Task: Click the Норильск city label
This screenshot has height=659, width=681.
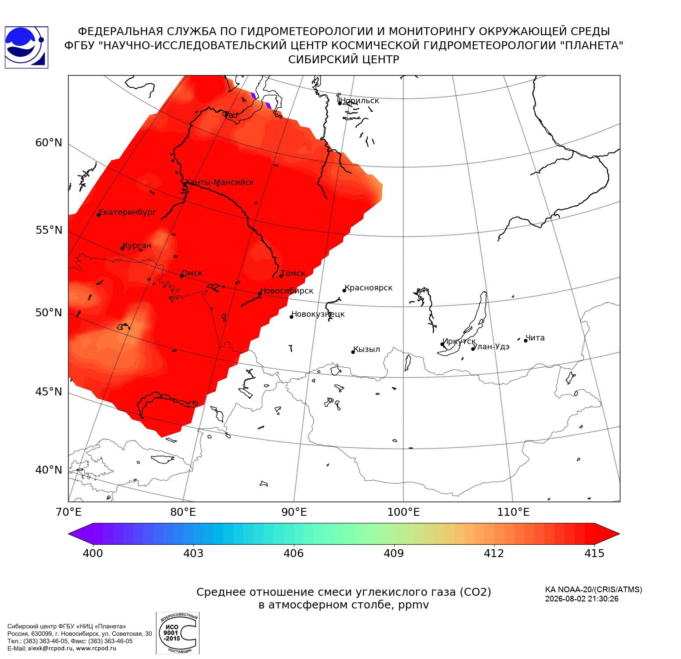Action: [x=360, y=101]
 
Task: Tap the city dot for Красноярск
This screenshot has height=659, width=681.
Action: [x=344, y=290]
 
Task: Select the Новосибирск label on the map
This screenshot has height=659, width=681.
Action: [x=287, y=291]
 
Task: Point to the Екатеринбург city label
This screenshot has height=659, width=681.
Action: [x=127, y=212]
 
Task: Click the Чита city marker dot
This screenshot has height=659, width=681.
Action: [x=525, y=340]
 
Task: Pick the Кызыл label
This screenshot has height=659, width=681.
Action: [x=367, y=349]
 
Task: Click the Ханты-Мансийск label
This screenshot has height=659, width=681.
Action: [x=219, y=182]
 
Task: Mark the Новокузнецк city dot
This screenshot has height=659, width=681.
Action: [x=291, y=317]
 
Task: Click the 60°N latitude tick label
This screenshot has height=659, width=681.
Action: [x=49, y=143]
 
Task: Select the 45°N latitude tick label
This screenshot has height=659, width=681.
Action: [x=49, y=391]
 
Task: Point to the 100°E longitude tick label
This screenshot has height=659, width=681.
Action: [x=403, y=512]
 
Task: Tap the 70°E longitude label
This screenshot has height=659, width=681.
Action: [x=69, y=512]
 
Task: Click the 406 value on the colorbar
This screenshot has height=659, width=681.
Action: [x=293, y=553]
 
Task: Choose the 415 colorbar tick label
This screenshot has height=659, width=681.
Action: [x=594, y=553]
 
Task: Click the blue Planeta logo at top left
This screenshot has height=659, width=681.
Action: [x=26, y=47]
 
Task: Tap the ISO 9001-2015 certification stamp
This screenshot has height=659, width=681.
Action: [x=177, y=633]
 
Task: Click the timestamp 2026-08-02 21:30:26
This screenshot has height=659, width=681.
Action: [x=582, y=599]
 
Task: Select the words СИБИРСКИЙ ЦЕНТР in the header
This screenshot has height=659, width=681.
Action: [x=344, y=60]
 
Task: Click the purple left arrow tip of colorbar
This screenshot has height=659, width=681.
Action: [x=69, y=534]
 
